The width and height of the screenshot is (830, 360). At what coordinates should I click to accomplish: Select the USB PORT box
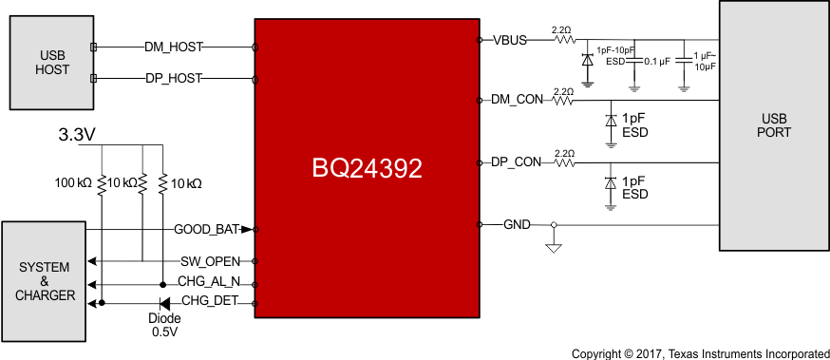coord(774,125)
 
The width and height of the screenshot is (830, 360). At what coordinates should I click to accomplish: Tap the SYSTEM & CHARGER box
coord(44,282)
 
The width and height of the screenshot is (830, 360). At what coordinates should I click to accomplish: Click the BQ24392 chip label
coord(367,168)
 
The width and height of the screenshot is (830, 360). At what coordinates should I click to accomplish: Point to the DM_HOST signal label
coord(173,47)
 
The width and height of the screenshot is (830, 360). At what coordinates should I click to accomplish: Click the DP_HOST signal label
coord(173,78)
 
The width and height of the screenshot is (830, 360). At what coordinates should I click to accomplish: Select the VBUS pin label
coord(511,41)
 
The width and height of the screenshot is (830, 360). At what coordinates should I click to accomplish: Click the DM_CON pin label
coord(517,100)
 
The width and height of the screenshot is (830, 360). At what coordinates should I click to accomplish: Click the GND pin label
coord(517,224)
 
